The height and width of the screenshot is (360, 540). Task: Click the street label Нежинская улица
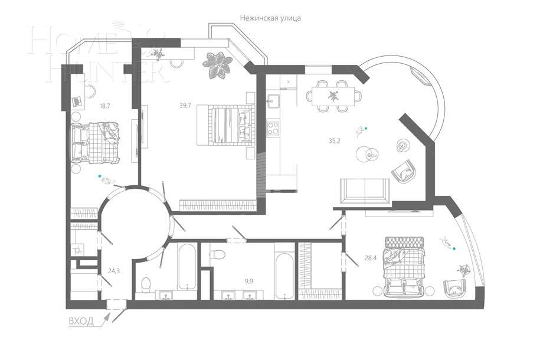[x=270, y=18]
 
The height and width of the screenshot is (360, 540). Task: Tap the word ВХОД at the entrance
[x=81, y=322]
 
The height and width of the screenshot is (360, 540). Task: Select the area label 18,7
[x=106, y=106]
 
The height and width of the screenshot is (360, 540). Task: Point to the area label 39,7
[x=185, y=105]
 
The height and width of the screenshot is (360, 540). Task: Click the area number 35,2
[x=335, y=140]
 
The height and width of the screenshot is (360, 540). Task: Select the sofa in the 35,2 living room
[x=364, y=190]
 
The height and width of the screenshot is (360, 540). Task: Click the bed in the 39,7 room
[x=225, y=124]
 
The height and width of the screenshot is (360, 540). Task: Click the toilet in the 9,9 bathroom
[x=218, y=254]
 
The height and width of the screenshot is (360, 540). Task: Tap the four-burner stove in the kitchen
[x=273, y=127]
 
